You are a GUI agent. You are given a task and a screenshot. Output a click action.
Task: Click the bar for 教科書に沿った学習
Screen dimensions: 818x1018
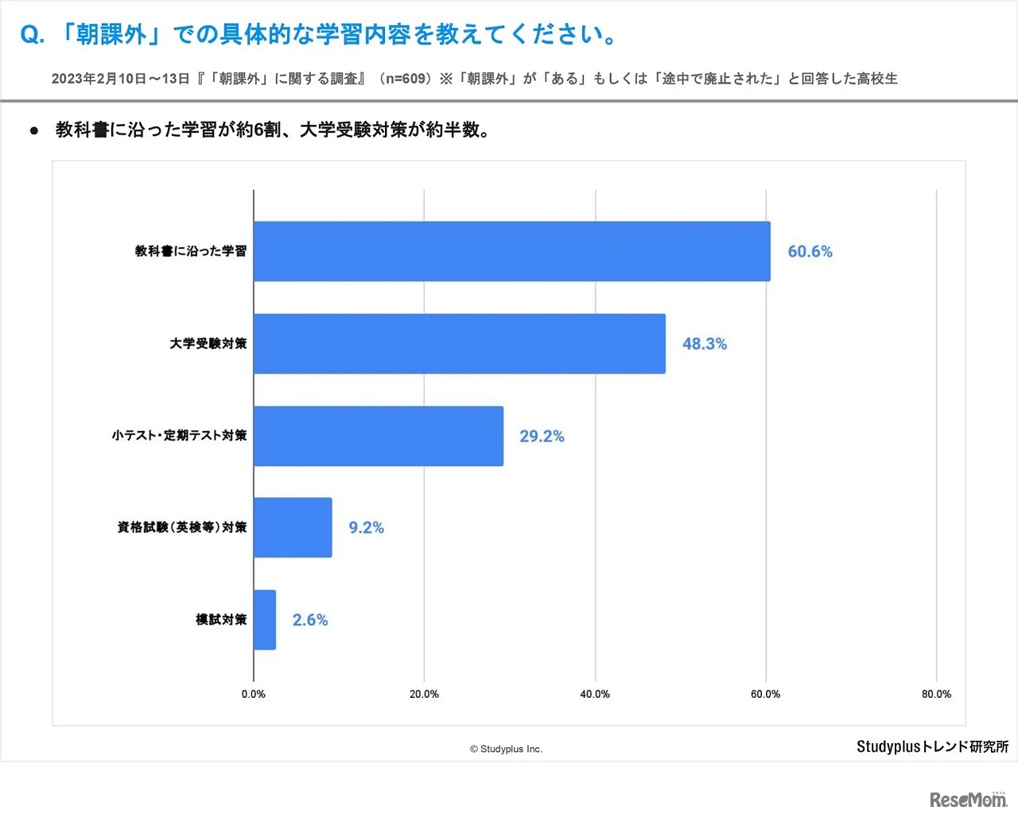(x=511, y=251)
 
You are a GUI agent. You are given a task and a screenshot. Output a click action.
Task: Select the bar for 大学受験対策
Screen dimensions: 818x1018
(x=459, y=343)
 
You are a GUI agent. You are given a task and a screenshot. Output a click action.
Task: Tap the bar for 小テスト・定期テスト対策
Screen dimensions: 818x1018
(x=378, y=436)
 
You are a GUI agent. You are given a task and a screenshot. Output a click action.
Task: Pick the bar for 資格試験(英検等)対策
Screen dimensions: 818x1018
(x=293, y=528)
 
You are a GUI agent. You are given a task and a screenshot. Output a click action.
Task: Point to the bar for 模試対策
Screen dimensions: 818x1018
(x=265, y=620)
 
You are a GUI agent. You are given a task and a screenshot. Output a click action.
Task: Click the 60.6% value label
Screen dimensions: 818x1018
(x=810, y=251)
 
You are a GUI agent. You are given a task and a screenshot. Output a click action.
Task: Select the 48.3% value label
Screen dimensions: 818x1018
(x=704, y=343)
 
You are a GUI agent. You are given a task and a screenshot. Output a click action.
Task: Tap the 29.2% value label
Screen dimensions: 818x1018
(x=542, y=436)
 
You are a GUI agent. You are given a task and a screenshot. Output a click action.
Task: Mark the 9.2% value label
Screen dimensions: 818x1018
(x=366, y=528)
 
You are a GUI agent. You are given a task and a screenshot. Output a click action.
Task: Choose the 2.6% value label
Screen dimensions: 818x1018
(x=309, y=620)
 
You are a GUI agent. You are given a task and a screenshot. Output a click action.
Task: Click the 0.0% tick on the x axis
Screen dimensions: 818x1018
(x=254, y=694)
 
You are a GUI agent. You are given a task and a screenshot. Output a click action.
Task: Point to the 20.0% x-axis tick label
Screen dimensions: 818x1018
(x=424, y=694)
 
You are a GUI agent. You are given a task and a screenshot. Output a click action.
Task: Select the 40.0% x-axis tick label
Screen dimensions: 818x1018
(x=595, y=694)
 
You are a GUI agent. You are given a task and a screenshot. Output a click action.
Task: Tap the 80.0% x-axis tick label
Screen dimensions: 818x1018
(x=936, y=694)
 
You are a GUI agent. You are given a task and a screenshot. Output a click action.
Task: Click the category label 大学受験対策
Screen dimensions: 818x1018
(x=208, y=343)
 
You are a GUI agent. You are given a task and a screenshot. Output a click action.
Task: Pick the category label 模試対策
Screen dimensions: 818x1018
(x=221, y=620)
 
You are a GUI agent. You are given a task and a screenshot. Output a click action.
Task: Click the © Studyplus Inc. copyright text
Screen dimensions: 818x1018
(x=506, y=749)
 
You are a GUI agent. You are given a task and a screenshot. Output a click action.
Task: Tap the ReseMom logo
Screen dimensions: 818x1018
(x=968, y=799)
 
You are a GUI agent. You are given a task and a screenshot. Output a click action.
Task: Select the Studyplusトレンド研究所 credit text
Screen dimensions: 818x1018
(x=932, y=746)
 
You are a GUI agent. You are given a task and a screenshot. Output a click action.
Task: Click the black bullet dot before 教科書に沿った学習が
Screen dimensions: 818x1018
(x=34, y=130)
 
